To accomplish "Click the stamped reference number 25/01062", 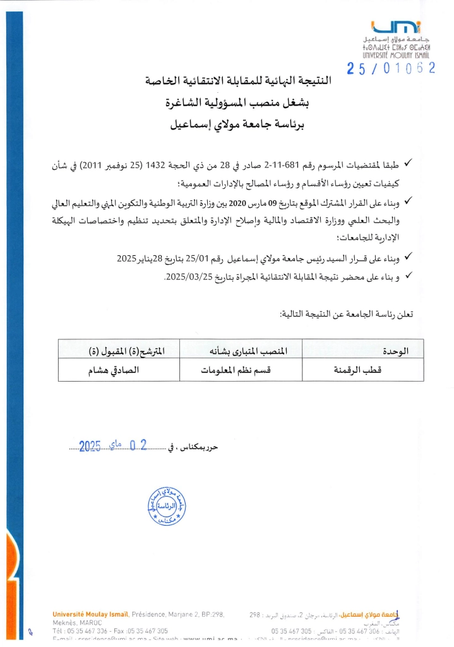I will pyautogui.click(x=391, y=69).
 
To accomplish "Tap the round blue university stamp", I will pyautogui.click(x=167, y=506).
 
